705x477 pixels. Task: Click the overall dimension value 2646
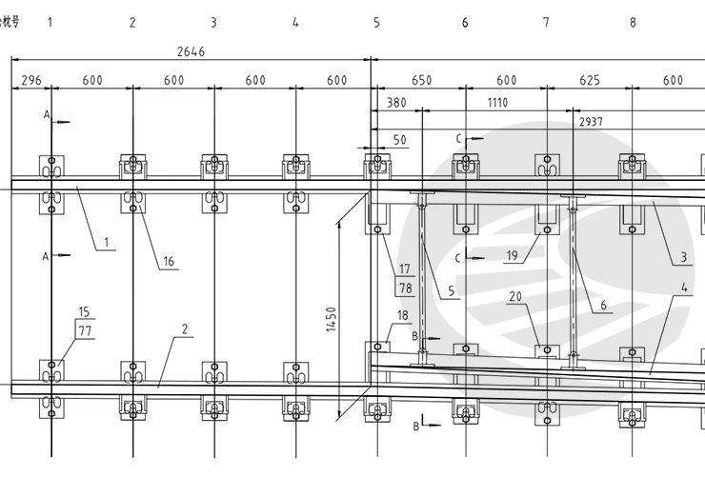coord(191,51)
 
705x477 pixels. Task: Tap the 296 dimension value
coord(31,80)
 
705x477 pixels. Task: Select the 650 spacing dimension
coord(422,80)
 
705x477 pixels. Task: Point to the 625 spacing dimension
coord(590,80)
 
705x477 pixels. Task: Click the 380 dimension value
coord(396,103)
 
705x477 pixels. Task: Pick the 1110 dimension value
coord(497,103)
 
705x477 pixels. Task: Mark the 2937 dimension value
coord(591,122)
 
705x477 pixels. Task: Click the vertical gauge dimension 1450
coord(332,319)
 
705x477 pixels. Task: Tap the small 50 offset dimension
coord(400,140)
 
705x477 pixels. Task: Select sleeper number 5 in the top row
coord(376,22)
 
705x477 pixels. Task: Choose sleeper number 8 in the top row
coord(633,22)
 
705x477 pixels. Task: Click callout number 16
coord(169,262)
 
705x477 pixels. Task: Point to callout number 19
coord(513,255)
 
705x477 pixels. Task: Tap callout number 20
coord(515,296)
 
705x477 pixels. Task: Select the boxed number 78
coord(406,288)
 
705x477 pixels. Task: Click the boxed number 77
coord(85,331)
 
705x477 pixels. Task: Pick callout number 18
coord(403,316)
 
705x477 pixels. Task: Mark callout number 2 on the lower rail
coord(185,329)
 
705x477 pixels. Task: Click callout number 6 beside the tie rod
coord(604,305)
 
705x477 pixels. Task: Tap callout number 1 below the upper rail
coord(107,243)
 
